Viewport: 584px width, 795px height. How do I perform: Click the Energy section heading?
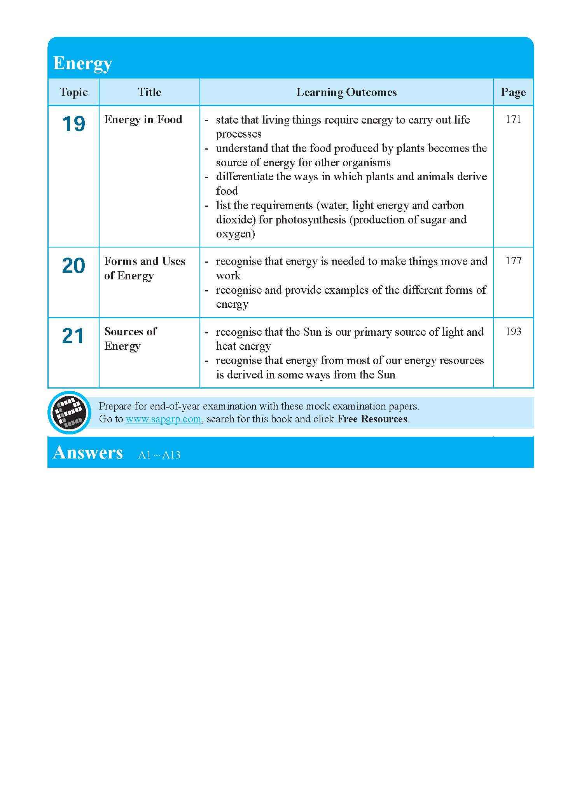[x=82, y=63]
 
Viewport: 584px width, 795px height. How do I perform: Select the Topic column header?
[x=73, y=92]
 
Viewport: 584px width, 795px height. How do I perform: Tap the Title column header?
[x=149, y=92]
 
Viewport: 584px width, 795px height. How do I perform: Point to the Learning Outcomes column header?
[x=346, y=92]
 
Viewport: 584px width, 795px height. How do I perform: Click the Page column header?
[x=513, y=92]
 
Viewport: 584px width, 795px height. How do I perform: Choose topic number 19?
[x=73, y=124]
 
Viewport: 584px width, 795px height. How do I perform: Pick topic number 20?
[x=73, y=266]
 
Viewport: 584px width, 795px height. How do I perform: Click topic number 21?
[x=73, y=336]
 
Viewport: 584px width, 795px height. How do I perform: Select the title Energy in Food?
[x=143, y=119]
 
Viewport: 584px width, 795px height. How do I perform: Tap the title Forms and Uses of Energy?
[x=144, y=268]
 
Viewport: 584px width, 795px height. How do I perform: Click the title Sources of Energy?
[x=130, y=338]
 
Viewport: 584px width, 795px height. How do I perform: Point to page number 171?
[x=513, y=119]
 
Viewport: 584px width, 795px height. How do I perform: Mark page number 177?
[x=513, y=261]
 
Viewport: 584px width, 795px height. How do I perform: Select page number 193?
[x=513, y=331]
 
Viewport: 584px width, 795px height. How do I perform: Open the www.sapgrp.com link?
[x=163, y=419]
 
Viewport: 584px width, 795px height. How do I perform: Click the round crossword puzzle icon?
[x=69, y=412]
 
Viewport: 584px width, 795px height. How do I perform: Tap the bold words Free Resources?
[x=372, y=419]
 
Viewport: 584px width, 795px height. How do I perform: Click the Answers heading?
[x=88, y=452]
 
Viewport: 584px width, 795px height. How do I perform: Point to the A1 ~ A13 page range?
[x=159, y=455]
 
